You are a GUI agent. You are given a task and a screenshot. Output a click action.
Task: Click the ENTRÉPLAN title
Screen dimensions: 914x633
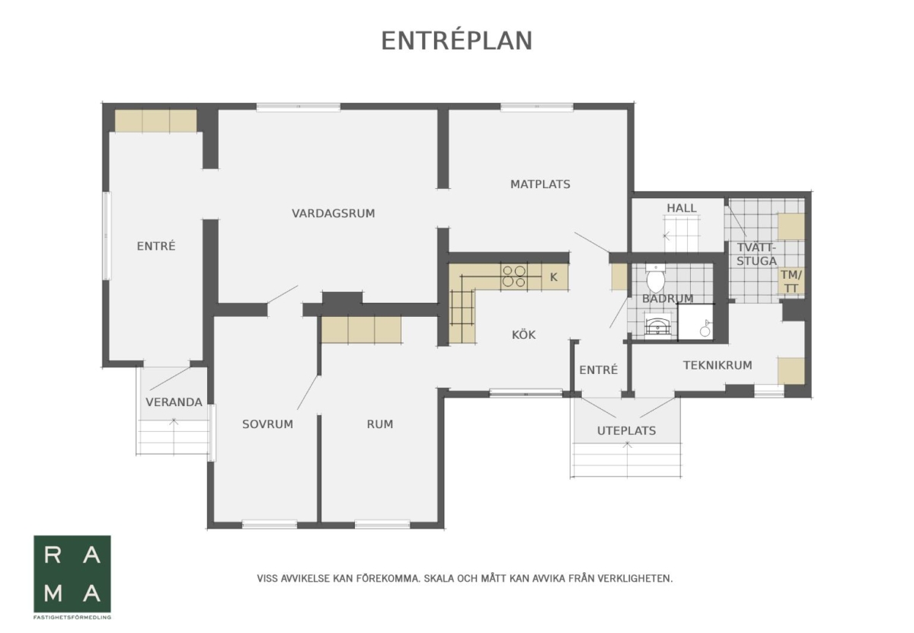[x=456, y=41]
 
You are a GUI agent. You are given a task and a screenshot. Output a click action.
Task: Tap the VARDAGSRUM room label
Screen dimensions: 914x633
[x=333, y=213]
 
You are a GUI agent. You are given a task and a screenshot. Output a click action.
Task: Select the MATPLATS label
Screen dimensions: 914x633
[x=540, y=184]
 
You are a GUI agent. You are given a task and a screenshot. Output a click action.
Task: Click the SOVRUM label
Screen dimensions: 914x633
[x=267, y=424]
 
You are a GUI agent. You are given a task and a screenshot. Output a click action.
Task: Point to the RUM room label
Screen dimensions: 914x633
[x=380, y=424]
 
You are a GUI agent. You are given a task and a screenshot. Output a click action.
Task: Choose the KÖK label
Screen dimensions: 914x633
[x=523, y=334]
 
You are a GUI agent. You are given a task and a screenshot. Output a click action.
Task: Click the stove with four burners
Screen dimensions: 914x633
[x=514, y=277]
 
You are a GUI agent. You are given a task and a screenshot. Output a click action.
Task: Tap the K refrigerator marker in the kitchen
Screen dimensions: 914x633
[x=554, y=277]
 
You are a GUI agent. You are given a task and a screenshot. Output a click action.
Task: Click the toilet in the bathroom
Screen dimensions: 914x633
[x=656, y=277]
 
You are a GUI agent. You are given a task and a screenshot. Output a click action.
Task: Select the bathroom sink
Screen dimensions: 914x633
[x=657, y=327]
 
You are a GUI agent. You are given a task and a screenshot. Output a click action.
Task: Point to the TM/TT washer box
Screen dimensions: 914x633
[x=791, y=281]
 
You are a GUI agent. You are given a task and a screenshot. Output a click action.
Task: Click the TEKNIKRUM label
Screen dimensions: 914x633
[x=717, y=366]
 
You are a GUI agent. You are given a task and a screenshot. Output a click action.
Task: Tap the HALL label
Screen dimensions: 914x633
[x=682, y=208]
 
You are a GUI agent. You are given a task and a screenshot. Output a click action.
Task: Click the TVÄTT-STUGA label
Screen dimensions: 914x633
[x=756, y=254]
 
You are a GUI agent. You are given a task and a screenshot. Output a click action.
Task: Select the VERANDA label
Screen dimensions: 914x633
[x=174, y=402]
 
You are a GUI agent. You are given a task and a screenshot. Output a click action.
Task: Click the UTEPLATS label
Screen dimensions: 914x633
[x=626, y=431]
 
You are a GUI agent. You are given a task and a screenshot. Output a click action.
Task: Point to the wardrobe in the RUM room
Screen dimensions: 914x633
[x=361, y=329]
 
